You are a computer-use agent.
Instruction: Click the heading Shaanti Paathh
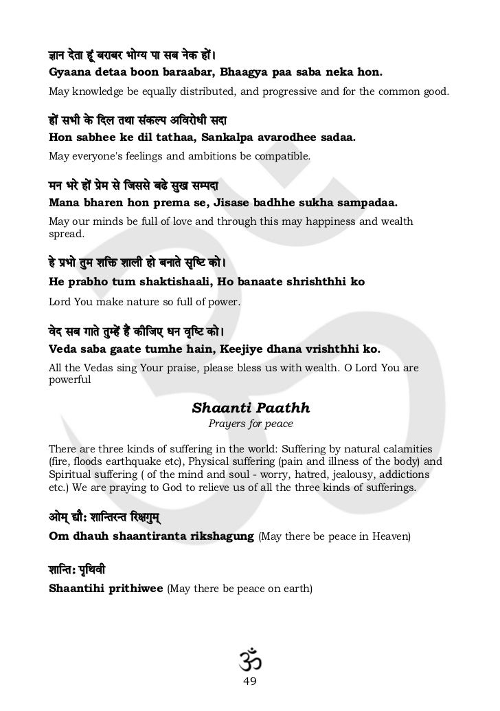(x=250, y=407)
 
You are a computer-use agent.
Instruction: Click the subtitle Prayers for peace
(x=250, y=424)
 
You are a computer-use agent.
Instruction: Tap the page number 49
(x=250, y=681)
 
